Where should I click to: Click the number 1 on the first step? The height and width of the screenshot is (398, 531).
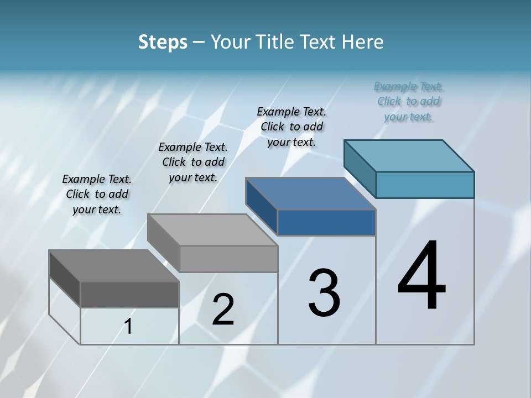pyautogui.click(x=128, y=327)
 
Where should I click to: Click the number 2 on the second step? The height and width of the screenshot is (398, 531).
pyautogui.click(x=223, y=310)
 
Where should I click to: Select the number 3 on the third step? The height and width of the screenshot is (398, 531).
pyautogui.click(x=324, y=293)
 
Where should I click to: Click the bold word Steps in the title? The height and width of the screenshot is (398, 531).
pyautogui.click(x=163, y=42)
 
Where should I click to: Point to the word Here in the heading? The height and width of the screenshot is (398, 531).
pyautogui.click(x=363, y=42)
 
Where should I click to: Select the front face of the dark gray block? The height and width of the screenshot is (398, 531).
pyautogui.click(x=129, y=294)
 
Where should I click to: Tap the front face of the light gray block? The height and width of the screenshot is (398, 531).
pyautogui.click(x=228, y=259)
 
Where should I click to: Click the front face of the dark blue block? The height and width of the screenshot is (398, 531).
pyautogui.click(x=326, y=222)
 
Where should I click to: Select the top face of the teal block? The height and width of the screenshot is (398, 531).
pyautogui.click(x=409, y=155)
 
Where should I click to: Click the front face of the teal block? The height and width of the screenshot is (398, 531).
pyautogui.click(x=425, y=185)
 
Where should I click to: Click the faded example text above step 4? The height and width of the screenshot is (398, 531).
pyautogui.click(x=409, y=102)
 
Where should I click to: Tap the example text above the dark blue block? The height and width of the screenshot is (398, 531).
pyautogui.click(x=292, y=127)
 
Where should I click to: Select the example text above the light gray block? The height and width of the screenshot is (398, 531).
pyautogui.click(x=193, y=162)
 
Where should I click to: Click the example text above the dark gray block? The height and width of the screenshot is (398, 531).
pyautogui.click(x=97, y=194)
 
